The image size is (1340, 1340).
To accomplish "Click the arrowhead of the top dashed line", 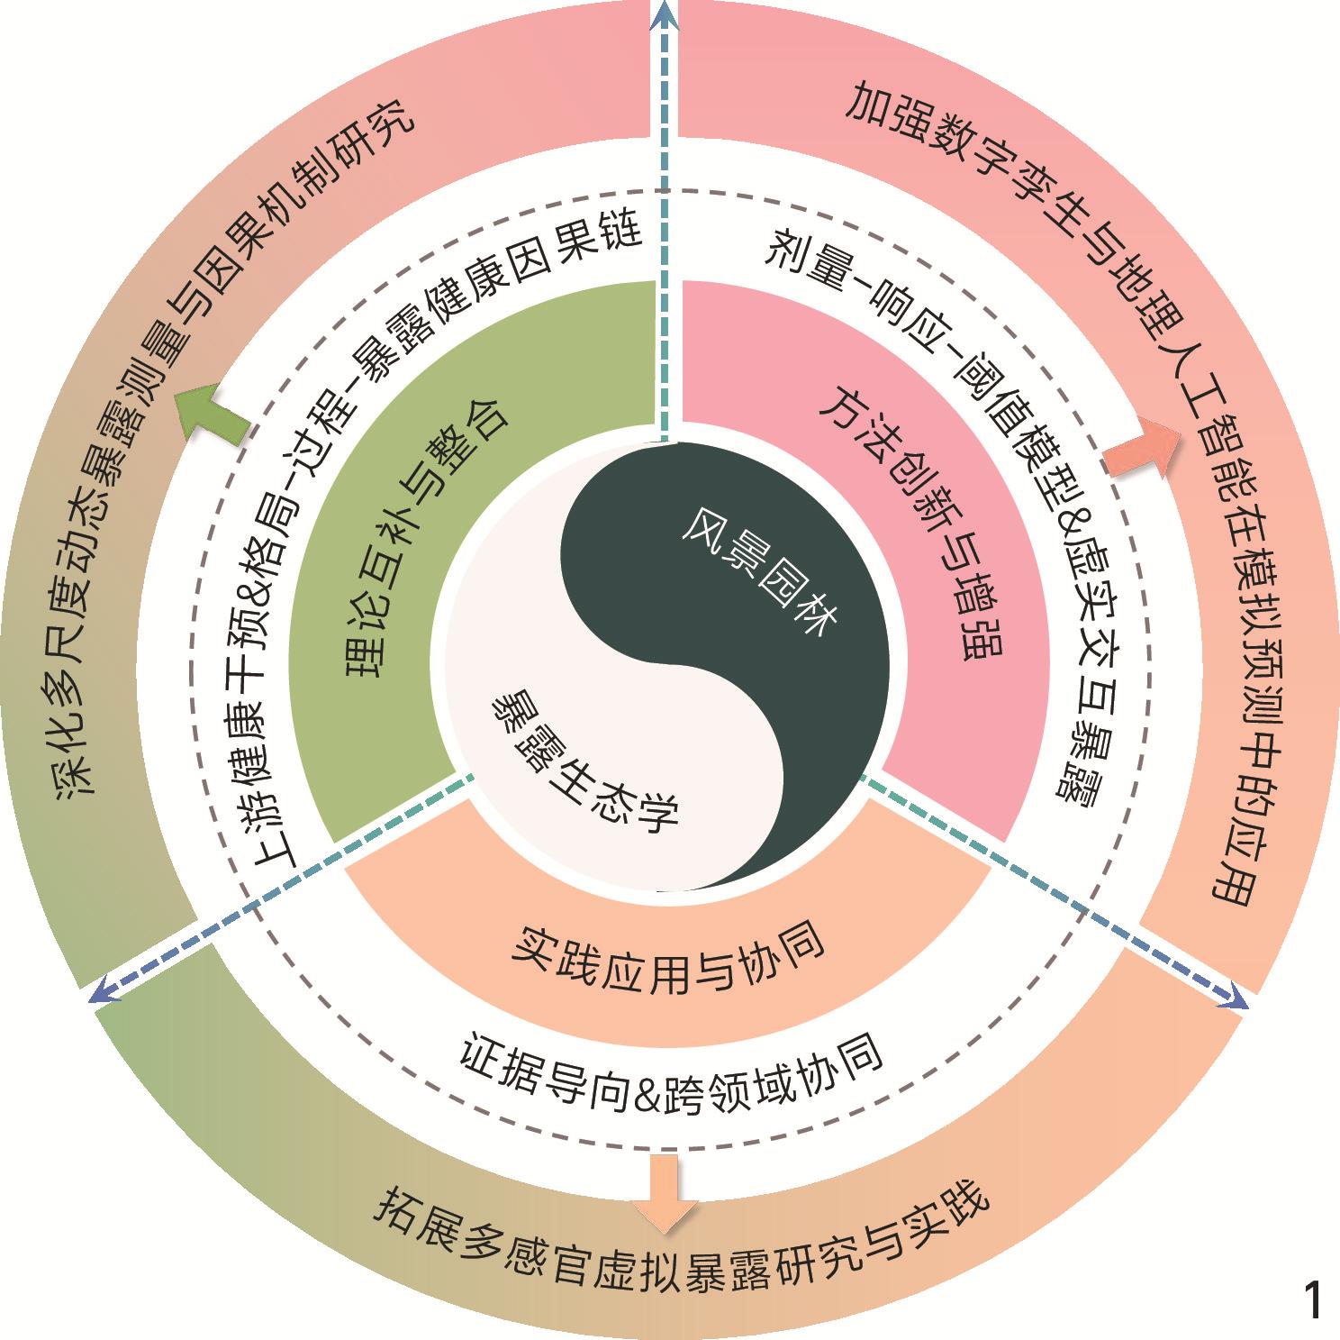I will coord(665,13).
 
